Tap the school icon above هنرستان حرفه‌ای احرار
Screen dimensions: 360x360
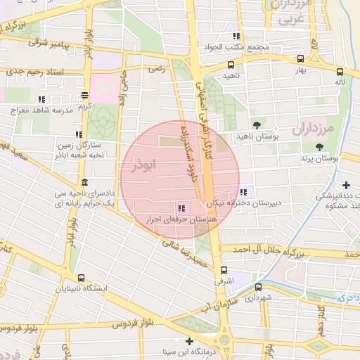[182, 208]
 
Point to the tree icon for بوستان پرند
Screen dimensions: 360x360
[320, 147]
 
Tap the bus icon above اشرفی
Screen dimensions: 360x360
[224, 270]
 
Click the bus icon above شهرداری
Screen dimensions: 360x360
[258, 287]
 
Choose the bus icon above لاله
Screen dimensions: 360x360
[340, 71]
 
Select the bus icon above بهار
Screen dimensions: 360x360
[301, 59]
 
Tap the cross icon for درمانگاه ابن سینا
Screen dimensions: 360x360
[188, 341]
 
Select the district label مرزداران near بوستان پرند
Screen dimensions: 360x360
[328, 129]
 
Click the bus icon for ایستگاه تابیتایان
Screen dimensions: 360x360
[82, 278]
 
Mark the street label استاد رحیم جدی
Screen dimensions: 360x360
[34, 72]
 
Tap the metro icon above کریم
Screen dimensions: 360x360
[85, 95]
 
